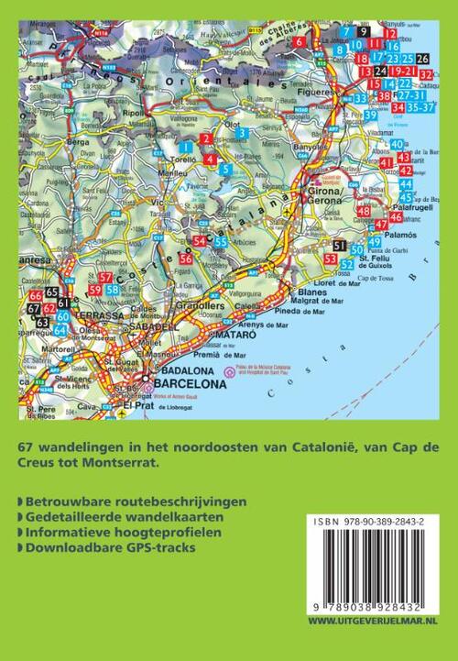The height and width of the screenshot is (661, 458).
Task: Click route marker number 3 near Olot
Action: click(242, 134)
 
